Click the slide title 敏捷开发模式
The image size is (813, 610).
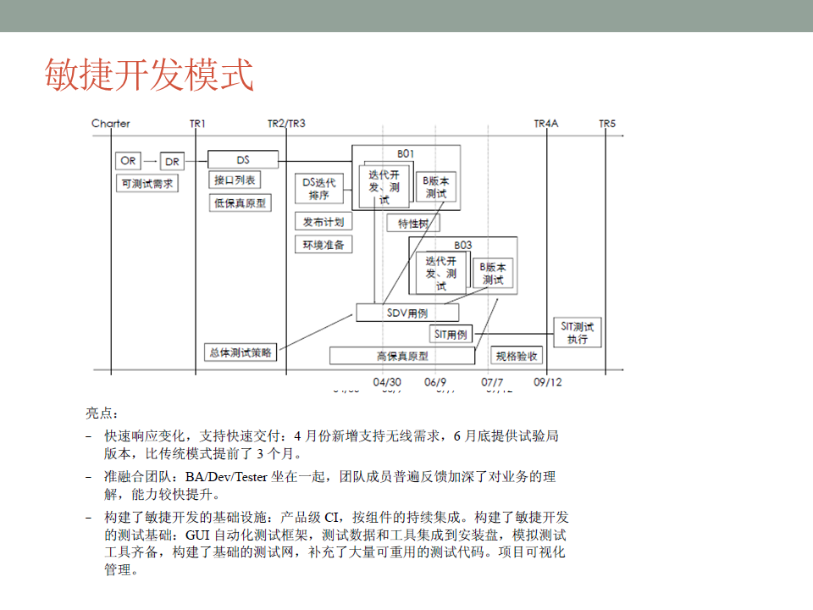point(149,75)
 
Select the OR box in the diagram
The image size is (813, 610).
point(128,160)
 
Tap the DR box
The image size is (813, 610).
point(172,161)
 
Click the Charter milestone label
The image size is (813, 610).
point(111,124)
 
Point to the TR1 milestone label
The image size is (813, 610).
point(198,124)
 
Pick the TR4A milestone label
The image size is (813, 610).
point(546,124)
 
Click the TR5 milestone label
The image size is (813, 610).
point(607,124)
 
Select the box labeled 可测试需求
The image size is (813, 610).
point(147,183)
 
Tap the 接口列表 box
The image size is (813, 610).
point(235,180)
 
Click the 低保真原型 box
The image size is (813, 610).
point(241,202)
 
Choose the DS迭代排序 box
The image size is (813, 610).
point(319,188)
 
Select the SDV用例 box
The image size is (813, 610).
point(407,313)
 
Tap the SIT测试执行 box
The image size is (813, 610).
point(578,333)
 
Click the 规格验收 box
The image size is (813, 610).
point(517,356)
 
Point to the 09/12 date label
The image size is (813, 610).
point(548,382)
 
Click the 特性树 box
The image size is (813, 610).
point(413,224)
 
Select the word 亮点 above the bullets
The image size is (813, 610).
point(102,413)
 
